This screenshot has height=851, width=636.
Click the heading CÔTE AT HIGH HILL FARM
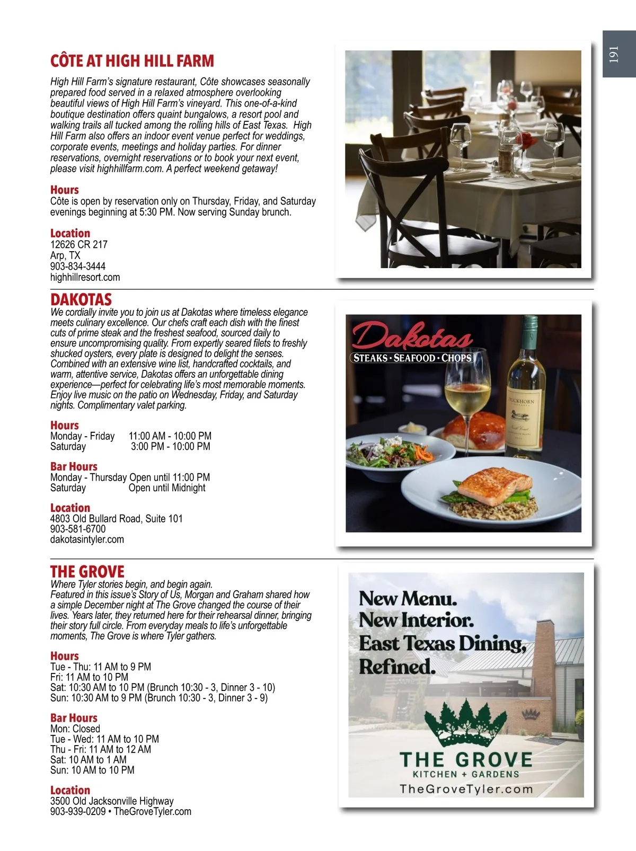(132, 61)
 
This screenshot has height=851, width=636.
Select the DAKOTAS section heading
(81, 299)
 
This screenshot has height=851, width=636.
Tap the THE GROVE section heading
(87, 572)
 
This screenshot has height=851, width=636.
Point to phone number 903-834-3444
(78, 266)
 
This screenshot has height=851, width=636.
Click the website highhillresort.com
(85, 277)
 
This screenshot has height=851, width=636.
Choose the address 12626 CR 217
(79, 244)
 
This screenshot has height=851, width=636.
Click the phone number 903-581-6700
(78, 529)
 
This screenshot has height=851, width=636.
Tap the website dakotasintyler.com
(87, 539)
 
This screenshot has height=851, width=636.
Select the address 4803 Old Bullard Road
(116, 518)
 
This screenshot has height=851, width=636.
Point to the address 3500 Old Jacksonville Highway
(112, 801)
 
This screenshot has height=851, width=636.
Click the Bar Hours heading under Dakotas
(74, 466)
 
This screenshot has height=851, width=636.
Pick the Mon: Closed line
(75, 729)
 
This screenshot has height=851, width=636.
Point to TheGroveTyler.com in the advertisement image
(466, 788)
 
